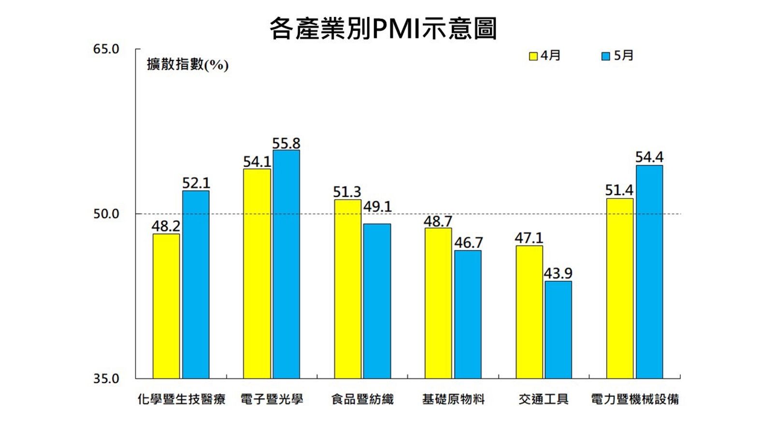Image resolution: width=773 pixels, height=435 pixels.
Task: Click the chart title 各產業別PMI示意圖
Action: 383,29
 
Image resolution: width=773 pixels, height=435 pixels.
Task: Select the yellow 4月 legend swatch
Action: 533,56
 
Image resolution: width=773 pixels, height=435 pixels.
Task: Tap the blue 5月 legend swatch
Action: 605,56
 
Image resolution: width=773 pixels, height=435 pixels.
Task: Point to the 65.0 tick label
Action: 106,49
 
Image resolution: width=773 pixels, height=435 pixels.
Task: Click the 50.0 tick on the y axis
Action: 106,214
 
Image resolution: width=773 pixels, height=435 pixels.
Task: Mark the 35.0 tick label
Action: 106,378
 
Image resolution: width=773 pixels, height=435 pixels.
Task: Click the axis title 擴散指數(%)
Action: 187,64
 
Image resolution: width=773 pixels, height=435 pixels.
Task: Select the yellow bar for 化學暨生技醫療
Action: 166,306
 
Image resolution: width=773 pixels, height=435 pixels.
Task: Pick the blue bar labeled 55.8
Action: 286,264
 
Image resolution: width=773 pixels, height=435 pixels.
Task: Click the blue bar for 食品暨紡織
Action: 377,301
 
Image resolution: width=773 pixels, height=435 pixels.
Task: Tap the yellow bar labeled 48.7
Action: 438,303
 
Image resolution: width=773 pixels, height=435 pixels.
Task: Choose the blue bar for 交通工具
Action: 558,330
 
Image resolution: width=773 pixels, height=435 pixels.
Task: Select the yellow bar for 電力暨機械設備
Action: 619,288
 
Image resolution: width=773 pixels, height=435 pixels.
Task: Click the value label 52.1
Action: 196,183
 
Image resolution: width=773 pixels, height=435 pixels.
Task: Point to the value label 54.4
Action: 649,158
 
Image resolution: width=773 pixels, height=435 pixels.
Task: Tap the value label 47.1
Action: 529,238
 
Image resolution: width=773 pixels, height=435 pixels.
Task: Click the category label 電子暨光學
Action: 272,399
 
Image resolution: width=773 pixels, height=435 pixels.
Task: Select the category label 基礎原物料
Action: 453,399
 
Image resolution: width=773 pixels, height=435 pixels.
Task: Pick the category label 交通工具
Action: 544,399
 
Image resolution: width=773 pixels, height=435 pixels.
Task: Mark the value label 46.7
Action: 468,243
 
